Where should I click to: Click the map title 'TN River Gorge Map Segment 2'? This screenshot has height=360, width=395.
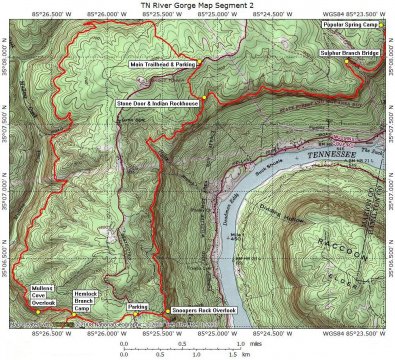click(197, 5)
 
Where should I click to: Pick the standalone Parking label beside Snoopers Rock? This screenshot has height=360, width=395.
click(139, 306)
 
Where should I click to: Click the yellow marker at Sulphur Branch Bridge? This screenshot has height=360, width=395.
click(347, 61)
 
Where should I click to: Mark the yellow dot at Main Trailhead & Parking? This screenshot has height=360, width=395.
click(198, 64)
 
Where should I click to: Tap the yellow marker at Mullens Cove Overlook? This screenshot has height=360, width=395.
click(35, 312)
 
